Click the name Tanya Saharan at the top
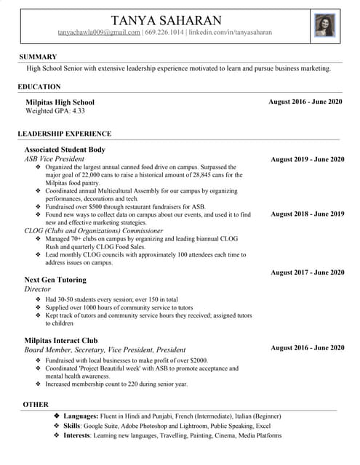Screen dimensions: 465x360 point(167,20)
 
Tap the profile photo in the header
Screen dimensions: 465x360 point(324,25)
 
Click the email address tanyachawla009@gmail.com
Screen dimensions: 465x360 point(99,33)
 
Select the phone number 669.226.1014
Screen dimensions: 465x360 point(164,33)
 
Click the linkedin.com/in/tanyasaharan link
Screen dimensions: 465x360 point(230,33)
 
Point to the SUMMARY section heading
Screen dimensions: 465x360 point(38,57)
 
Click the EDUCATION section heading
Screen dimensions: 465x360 point(39,86)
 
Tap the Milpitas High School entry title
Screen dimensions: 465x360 point(60,102)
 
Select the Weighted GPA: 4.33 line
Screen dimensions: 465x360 point(55,111)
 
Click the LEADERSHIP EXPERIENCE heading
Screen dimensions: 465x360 point(64,134)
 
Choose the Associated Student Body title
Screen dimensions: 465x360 point(65,150)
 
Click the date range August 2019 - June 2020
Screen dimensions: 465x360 point(307,159)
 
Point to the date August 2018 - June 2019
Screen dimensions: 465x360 point(307,214)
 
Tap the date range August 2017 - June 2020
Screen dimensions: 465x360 point(307,272)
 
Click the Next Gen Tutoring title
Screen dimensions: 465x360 point(55,280)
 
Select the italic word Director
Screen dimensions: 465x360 point(37,289)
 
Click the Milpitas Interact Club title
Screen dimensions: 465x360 point(61,340)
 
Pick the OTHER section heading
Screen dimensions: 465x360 point(36,404)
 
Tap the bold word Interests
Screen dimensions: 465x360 point(76,435)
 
